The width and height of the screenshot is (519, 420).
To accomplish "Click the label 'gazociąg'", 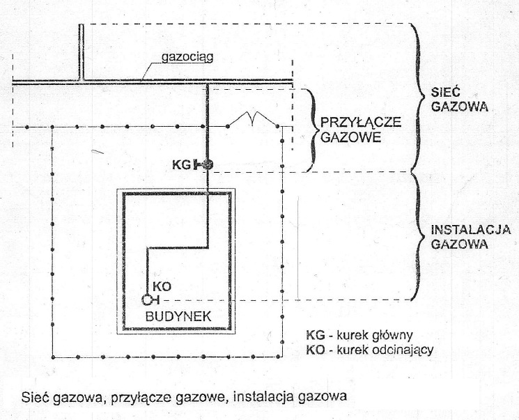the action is click(187, 57).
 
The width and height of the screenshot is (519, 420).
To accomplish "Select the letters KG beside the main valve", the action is click(181, 164).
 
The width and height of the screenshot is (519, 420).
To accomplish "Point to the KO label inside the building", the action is click(162, 287).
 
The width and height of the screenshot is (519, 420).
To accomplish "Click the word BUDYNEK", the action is click(178, 317).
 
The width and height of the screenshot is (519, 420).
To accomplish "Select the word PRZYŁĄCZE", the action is click(361, 122).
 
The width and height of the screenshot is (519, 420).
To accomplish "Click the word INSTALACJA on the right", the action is click(470, 229).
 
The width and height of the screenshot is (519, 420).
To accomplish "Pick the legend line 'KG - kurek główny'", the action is click(359, 336).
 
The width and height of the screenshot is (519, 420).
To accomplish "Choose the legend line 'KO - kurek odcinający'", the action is click(370, 350).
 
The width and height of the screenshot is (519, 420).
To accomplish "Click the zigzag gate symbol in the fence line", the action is click(253, 119).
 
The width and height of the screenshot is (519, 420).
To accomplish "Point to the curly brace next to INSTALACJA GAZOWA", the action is click(418, 236).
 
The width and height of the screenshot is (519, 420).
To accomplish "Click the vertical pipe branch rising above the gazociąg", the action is click(81, 52).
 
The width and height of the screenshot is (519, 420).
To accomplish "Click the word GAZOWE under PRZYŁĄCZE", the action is click(351, 137).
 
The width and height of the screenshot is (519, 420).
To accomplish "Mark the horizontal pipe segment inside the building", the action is click(177, 247).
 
